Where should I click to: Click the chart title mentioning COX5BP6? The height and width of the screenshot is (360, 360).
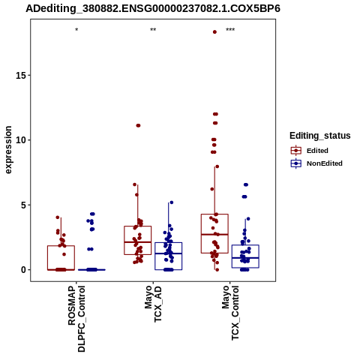(x=153, y=8)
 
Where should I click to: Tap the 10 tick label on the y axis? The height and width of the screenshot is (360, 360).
(x=21, y=140)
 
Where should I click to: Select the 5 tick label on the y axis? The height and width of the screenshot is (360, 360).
(x=24, y=205)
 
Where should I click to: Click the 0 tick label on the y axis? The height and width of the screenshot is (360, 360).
(x=24, y=270)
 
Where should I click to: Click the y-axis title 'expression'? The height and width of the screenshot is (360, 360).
(x=8, y=150)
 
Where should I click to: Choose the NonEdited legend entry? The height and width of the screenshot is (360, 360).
(x=316, y=163)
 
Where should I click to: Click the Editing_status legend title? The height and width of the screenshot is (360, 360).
(x=320, y=136)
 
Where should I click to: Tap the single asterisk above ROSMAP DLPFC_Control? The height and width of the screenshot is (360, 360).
(x=76, y=30)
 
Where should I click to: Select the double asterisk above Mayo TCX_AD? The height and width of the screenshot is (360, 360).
(x=153, y=30)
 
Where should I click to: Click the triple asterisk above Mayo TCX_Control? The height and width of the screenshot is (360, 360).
(x=230, y=30)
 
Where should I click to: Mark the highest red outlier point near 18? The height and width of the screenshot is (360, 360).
(x=214, y=32)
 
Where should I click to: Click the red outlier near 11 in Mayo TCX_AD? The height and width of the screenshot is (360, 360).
(x=138, y=125)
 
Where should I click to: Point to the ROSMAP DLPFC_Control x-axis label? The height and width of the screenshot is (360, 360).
(x=76, y=319)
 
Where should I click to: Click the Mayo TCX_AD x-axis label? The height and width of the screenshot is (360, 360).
(x=153, y=304)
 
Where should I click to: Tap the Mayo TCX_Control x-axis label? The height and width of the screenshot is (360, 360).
(x=230, y=313)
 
